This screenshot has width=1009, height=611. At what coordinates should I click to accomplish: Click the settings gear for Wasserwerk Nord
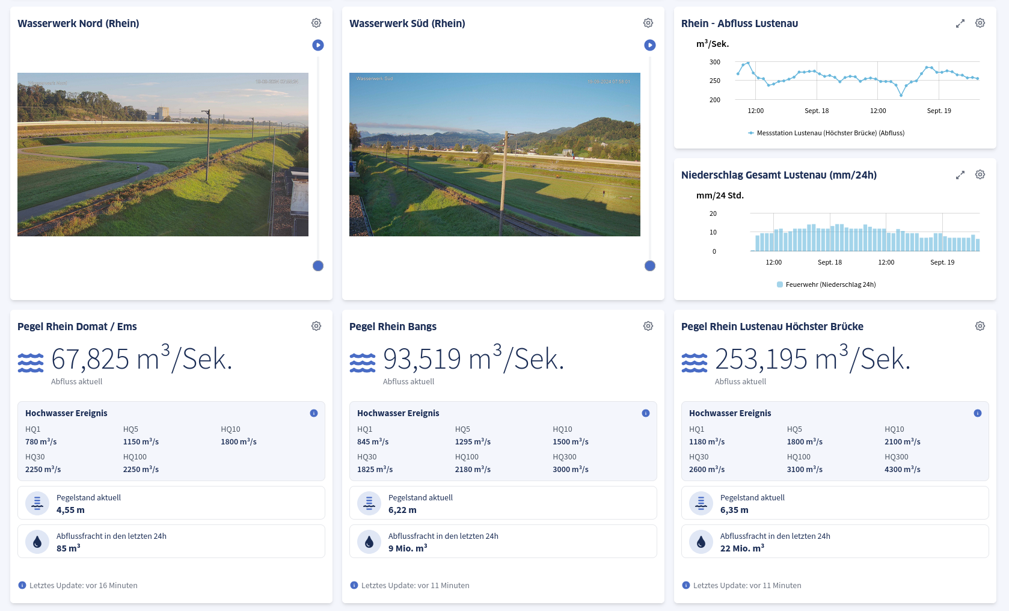point(316,23)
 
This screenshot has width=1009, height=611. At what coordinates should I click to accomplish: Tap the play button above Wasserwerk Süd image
point(650,45)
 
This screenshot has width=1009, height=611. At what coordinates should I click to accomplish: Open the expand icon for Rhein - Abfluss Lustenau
point(960,23)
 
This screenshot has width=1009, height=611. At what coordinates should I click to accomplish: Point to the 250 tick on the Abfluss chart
point(714,81)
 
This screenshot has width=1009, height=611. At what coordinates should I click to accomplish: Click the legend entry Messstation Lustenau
point(830,133)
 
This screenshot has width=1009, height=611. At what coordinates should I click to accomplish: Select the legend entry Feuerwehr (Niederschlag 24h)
point(830,284)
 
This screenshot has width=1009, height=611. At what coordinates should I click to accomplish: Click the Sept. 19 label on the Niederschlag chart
point(942,262)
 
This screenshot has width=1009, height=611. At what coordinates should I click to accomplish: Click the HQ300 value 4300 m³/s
point(902,469)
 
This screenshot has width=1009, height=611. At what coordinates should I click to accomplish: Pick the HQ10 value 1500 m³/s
point(570,441)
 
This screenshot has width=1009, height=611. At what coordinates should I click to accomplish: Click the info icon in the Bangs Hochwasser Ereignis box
point(646,413)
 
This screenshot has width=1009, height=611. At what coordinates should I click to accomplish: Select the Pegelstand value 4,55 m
point(70,510)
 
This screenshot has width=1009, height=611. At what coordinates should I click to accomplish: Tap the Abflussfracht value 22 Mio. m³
point(742,548)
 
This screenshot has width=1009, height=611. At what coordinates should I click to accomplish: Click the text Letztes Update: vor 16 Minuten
point(83,585)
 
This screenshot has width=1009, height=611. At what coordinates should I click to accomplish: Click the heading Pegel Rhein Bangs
point(393,327)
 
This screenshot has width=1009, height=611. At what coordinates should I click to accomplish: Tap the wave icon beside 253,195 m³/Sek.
point(695,363)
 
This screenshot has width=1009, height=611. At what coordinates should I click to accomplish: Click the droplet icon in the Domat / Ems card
point(37,542)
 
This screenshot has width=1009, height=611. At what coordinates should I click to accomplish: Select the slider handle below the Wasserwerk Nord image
point(318,266)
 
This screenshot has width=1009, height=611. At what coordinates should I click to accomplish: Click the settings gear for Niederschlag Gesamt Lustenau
point(980,174)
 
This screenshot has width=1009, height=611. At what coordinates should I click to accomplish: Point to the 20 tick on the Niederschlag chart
point(713,213)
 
